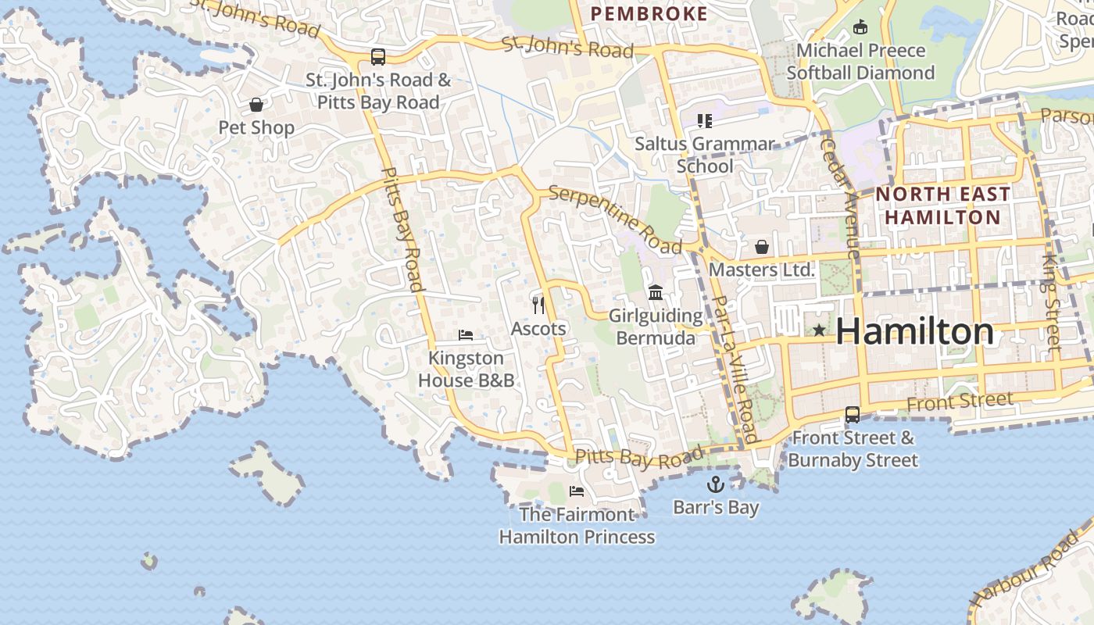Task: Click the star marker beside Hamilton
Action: pos(818,330)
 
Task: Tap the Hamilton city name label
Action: pos(915,332)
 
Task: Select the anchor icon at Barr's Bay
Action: pos(715,484)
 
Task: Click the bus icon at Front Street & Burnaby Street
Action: pos(852,415)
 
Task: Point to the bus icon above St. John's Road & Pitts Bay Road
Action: pos(378,57)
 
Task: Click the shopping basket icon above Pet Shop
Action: pos(256,105)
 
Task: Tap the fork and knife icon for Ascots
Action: pos(538,305)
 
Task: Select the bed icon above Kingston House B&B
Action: pos(466,335)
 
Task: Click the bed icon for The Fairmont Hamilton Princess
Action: pos(577,491)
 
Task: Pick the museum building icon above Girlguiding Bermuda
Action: pos(656,293)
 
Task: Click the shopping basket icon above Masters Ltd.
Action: pos(761,247)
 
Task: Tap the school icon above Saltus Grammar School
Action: pos(705,120)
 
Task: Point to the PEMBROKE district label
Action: pos(649,14)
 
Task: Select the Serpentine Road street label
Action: pos(615,220)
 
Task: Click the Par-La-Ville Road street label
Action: pos(736,369)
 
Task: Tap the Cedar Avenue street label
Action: pos(840,195)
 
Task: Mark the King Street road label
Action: pos(1052,301)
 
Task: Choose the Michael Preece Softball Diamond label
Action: pos(860,62)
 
